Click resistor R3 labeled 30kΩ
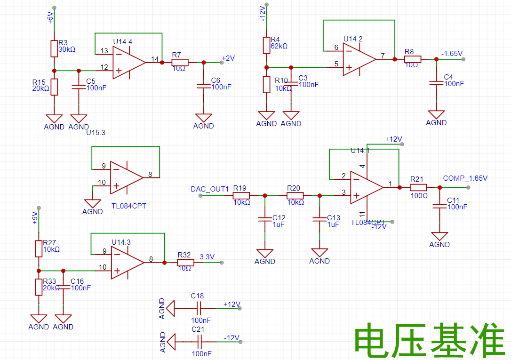click(54, 48)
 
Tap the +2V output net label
click(228, 58)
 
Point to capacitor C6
click(203, 86)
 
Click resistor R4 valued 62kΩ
click(266, 45)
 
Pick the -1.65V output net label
click(452, 54)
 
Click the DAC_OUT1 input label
click(209, 189)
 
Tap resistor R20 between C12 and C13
click(294, 195)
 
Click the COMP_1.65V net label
click(465, 178)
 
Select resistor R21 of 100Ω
click(418, 187)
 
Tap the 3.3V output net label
click(207, 257)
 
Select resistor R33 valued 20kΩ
click(39, 287)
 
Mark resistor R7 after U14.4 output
click(180, 63)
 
